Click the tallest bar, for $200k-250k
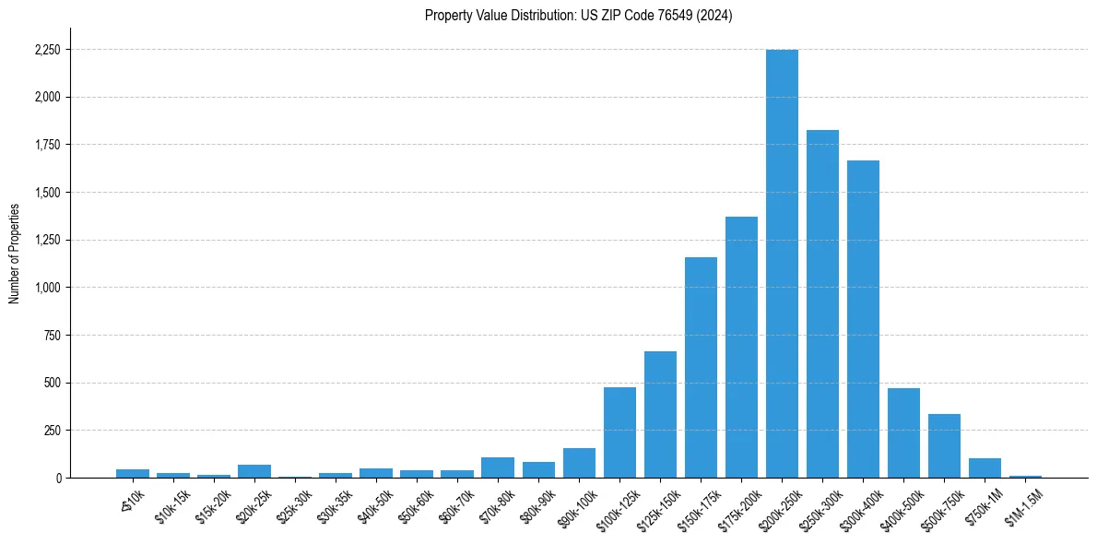782,264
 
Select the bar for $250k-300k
822,304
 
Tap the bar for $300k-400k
863,319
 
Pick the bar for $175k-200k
741,348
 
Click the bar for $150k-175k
701,368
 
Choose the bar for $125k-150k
660,415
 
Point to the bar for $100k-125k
619,432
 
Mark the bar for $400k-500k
903,433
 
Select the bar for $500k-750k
944,446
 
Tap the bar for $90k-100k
579,463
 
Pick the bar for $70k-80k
498,467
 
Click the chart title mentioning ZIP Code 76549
578,15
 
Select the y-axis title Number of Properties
15,253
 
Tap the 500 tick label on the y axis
51,383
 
